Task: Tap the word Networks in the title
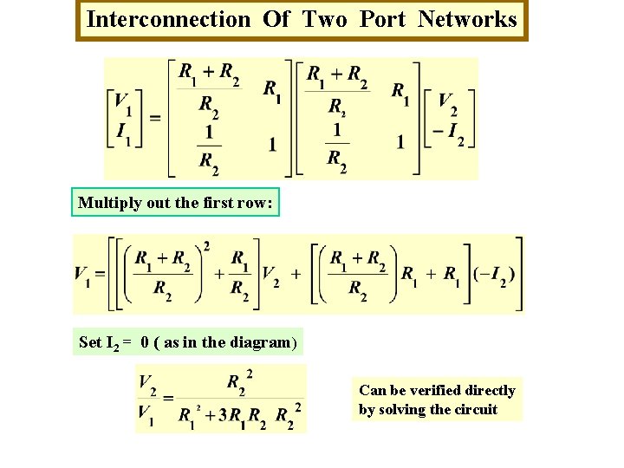coord(467,19)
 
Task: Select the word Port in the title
coord(382,19)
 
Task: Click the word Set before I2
coord(90,342)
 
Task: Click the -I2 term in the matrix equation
coord(448,136)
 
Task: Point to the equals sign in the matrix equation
coord(155,118)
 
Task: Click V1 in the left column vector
coord(123,104)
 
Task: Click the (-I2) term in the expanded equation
coord(494,275)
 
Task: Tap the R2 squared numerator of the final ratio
coord(240,382)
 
